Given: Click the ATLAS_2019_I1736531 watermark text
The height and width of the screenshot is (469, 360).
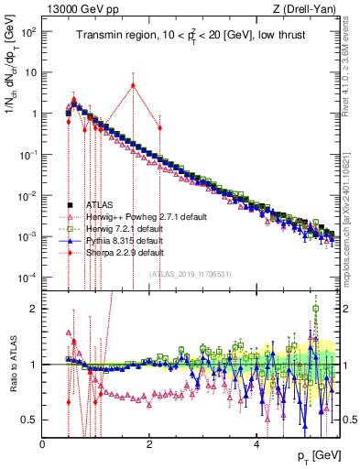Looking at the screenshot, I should tap(190, 274).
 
